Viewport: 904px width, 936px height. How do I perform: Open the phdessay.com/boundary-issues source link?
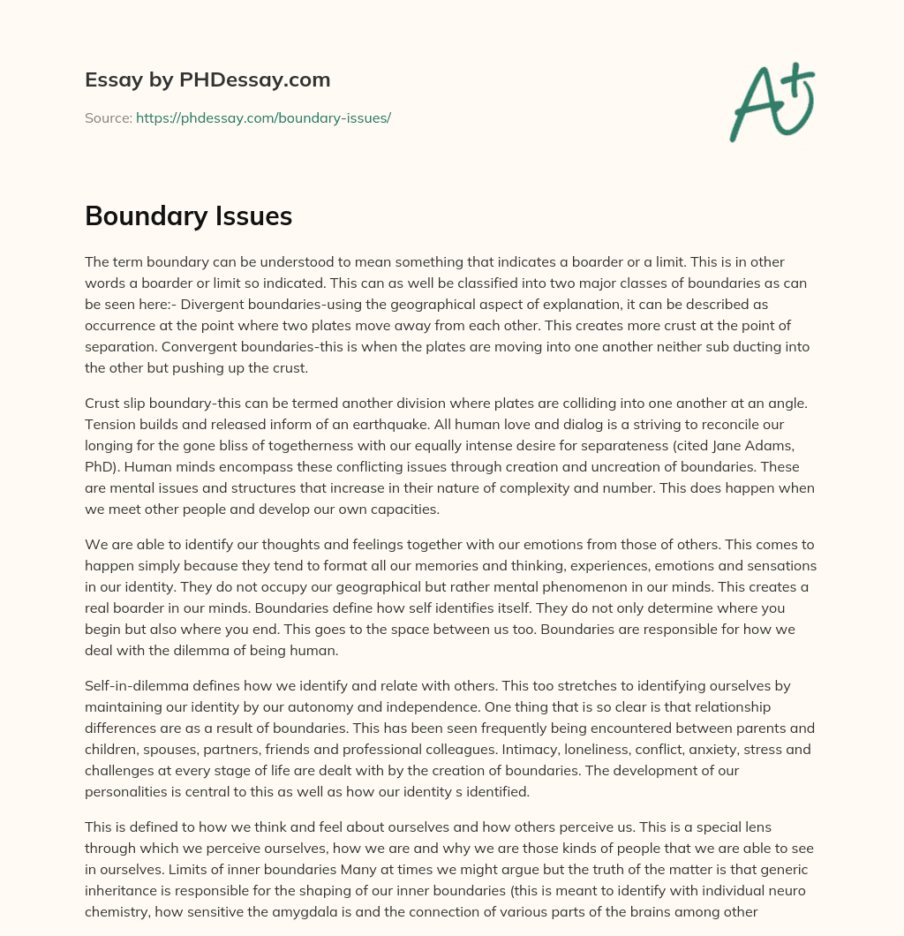263,117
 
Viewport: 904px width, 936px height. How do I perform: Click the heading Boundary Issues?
188,215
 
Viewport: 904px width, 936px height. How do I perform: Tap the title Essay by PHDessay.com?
207,79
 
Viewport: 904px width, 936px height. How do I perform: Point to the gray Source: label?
108,117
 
